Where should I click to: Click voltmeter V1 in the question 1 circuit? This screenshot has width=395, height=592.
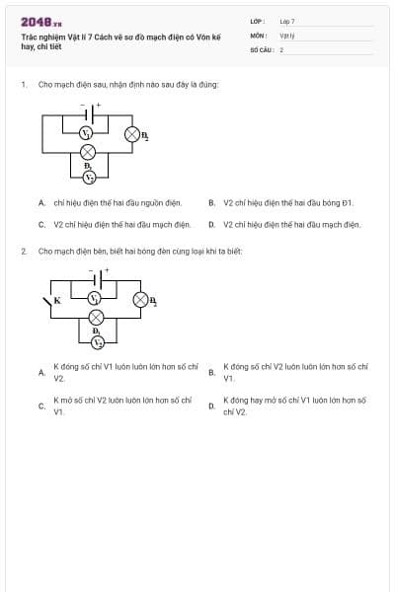[87, 132]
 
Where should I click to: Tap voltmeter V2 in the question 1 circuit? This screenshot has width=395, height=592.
[89, 177]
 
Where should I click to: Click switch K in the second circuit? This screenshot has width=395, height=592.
[50, 299]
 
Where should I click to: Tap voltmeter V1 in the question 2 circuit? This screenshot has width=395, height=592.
[96, 297]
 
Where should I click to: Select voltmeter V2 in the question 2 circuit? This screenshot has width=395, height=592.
[97, 341]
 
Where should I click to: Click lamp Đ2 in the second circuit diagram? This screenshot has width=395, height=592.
[140, 298]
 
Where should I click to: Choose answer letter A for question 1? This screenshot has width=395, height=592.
[41, 203]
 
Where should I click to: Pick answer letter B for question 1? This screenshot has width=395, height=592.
[212, 203]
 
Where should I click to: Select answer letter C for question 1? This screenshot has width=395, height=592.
[41, 225]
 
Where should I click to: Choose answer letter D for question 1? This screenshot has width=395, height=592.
[212, 225]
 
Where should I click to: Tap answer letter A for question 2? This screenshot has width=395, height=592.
[41, 373]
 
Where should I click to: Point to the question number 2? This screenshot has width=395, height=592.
[23, 252]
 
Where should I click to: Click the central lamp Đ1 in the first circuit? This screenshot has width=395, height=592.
[88, 152]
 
